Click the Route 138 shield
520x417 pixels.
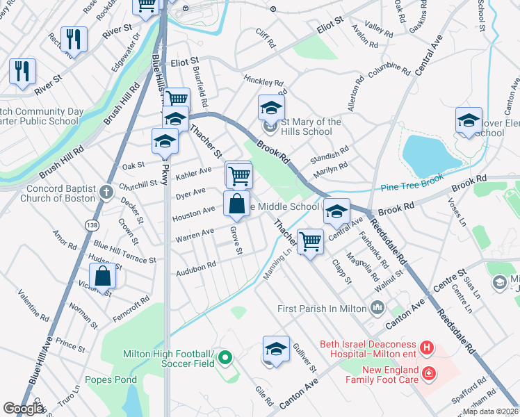click(91, 225)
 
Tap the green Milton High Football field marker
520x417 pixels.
click(225, 359)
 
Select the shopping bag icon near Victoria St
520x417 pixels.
click(102, 277)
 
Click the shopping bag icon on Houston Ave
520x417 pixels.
click(236, 204)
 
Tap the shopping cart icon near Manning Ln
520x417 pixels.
click(310, 241)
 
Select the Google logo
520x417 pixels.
click(23, 409)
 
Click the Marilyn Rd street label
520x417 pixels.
click(330, 170)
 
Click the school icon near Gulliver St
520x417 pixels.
click(276, 349)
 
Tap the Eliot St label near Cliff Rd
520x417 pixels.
click(330, 24)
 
